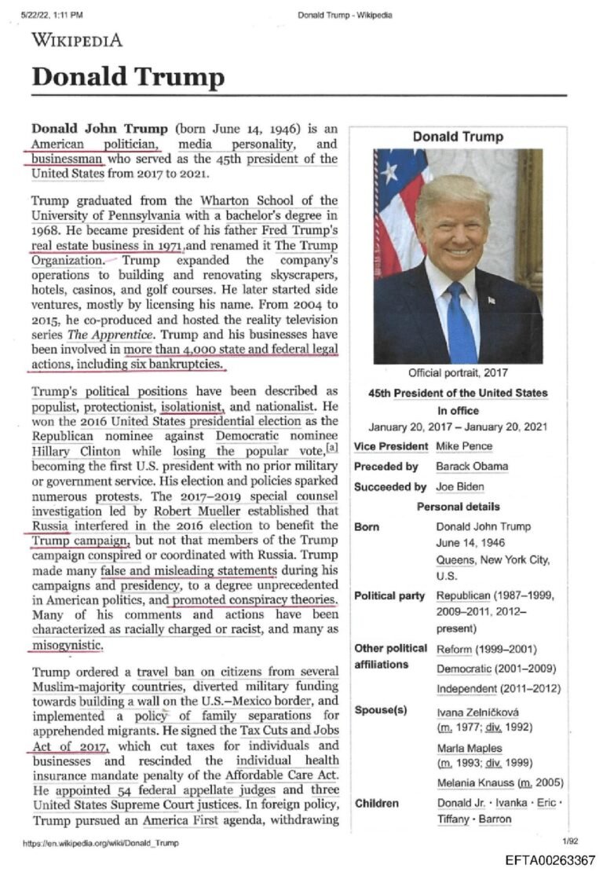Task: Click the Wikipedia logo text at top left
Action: click(x=76, y=40)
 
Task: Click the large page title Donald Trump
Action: click(x=127, y=77)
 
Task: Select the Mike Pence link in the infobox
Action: click(x=464, y=446)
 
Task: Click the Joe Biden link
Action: click(x=459, y=486)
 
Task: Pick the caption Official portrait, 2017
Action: click(x=458, y=372)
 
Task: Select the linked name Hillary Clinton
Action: click(x=76, y=452)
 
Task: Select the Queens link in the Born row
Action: click(x=455, y=560)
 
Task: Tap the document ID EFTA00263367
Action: click(x=549, y=859)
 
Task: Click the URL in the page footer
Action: click(x=100, y=843)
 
